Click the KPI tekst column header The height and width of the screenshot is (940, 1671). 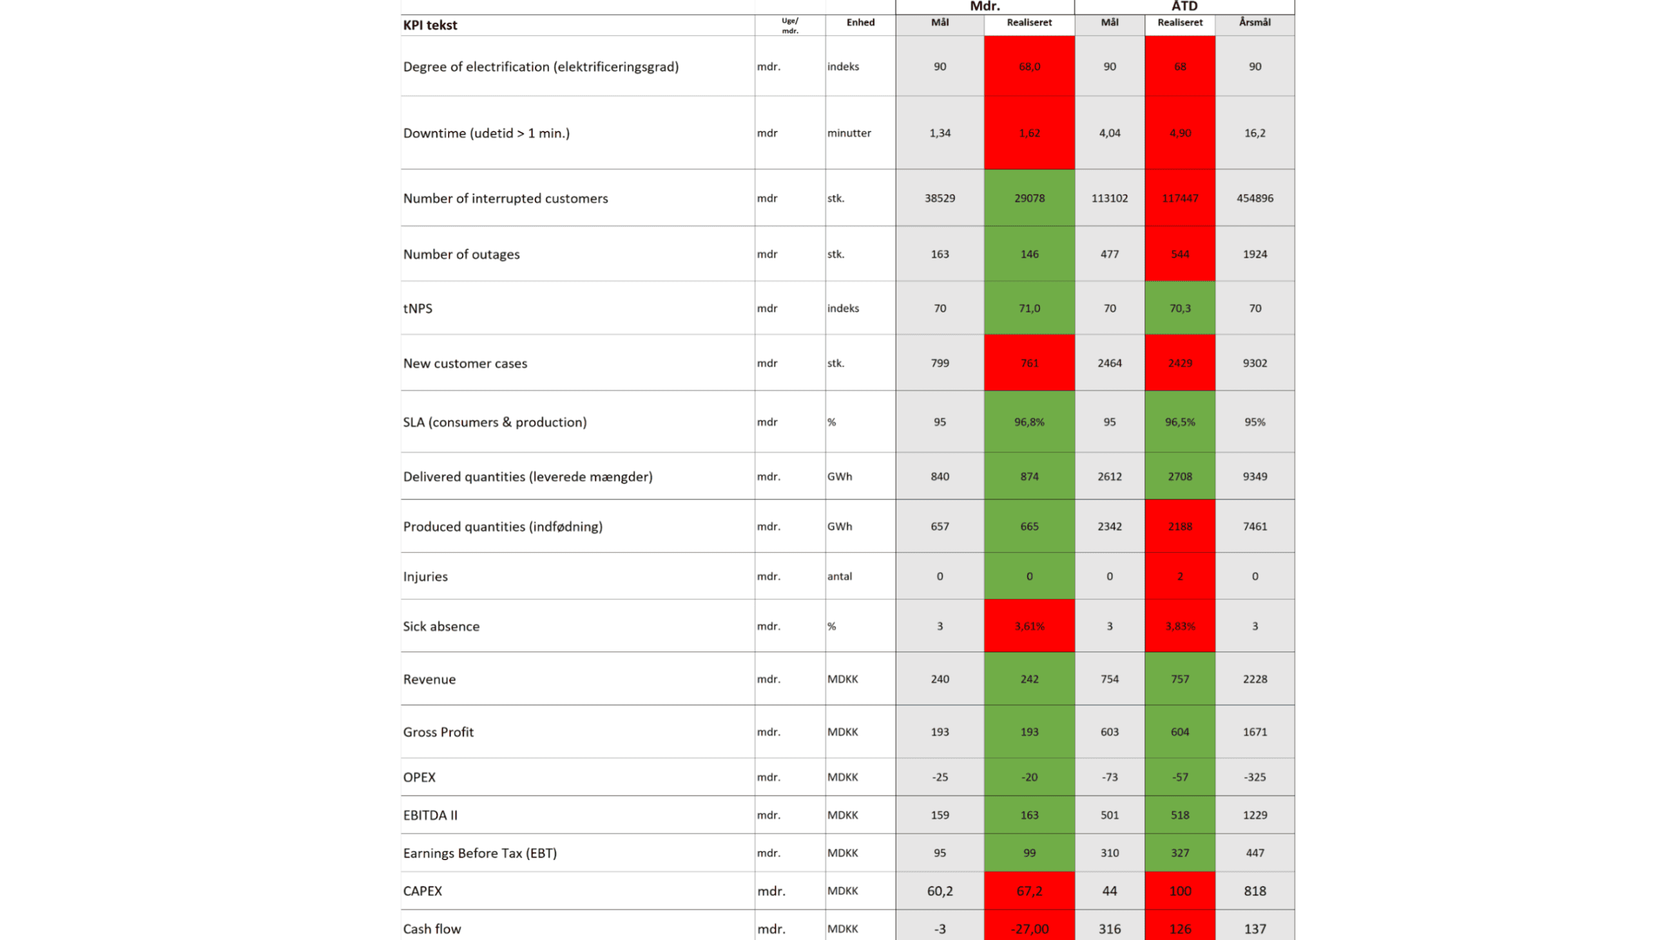coord(430,25)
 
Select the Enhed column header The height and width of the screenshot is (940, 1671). coord(860,22)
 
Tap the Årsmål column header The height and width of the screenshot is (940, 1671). coord(1255,22)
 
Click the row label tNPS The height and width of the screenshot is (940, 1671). coord(418,308)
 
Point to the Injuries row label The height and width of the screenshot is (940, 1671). coord(425,576)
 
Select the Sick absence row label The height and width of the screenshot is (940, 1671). coord(441,626)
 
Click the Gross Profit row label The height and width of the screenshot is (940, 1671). coord(438,732)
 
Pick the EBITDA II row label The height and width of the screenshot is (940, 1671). coord(430,815)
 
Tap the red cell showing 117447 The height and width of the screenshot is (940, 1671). coord(1180,198)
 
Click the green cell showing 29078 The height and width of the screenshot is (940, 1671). coord(1029,198)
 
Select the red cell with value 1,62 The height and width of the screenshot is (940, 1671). coord(1029,133)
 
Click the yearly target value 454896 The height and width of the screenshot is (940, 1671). coord(1255,198)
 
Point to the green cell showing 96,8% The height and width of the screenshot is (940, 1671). coord(1029,421)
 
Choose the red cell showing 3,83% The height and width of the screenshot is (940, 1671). coord(1180,626)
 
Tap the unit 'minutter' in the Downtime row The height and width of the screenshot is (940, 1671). coord(849,133)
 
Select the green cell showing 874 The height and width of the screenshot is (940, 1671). coord(1029,476)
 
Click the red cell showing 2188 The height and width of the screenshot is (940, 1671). coord(1180,526)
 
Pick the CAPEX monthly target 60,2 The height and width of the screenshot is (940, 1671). coord(940,890)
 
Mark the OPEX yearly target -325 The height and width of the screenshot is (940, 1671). coord(1255,776)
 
